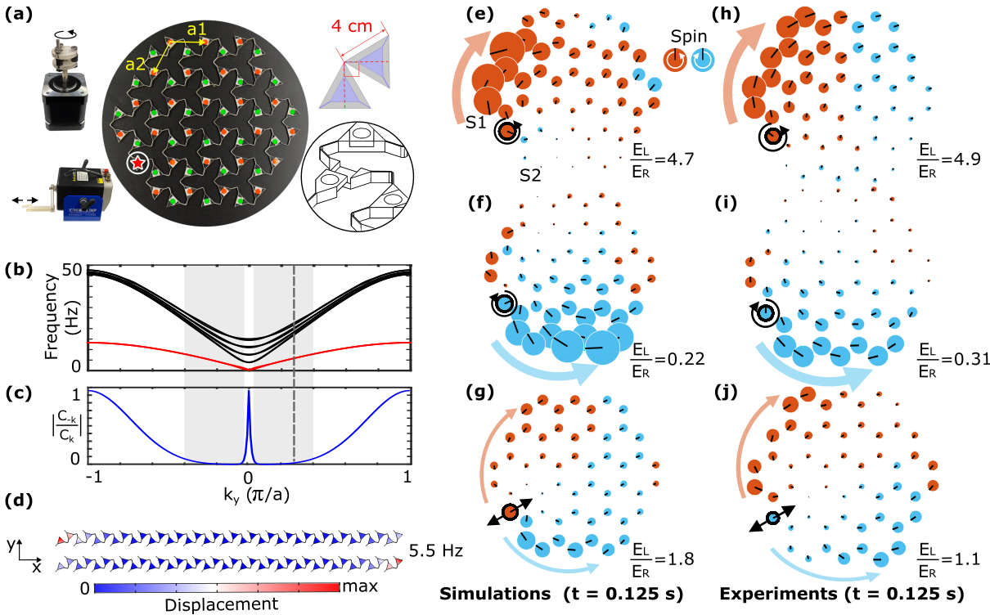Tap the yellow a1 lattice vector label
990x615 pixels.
[197, 29]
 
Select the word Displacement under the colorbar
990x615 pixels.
[216, 604]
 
